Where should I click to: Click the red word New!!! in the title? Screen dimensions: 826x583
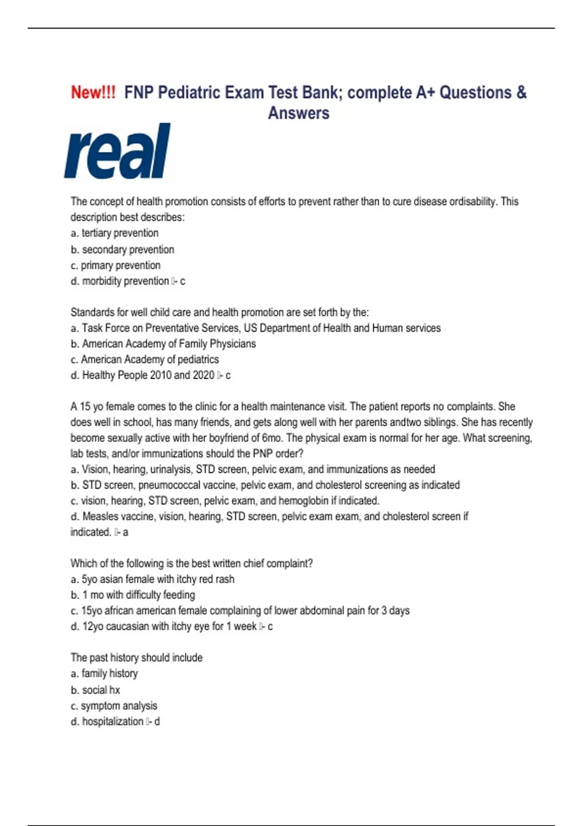(x=93, y=92)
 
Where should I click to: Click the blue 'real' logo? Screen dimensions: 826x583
(x=118, y=151)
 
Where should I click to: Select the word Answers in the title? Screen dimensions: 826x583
(x=298, y=113)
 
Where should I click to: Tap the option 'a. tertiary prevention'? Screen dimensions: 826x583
(x=115, y=233)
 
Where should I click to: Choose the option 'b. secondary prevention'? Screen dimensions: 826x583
(x=122, y=250)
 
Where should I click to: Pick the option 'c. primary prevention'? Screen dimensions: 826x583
(x=116, y=265)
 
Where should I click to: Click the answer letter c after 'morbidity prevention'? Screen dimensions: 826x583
(x=182, y=281)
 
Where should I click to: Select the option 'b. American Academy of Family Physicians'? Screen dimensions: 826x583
(x=163, y=344)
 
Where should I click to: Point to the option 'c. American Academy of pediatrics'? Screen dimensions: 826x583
(x=145, y=360)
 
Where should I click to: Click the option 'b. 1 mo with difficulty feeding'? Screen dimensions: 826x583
(x=133, y=595)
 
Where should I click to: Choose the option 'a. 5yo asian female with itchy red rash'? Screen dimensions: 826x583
(x=153, y=579)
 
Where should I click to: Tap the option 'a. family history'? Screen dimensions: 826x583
(x=104, y=673)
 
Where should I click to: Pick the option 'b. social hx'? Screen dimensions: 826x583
(x=95, y=690)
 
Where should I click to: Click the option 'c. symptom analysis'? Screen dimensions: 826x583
(x=114, y=706)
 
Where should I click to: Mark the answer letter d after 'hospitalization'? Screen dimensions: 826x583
(x=157, y=722)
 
